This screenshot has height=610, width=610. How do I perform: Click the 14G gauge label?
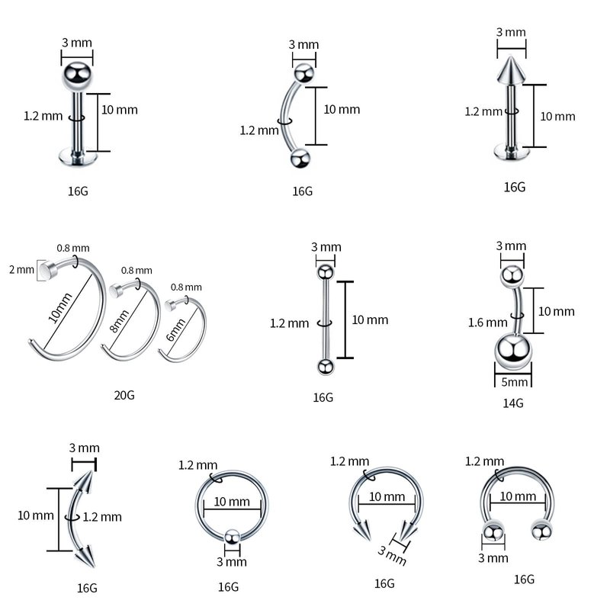512,403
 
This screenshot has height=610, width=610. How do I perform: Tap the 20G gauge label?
124,395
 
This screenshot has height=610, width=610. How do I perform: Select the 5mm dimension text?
514,382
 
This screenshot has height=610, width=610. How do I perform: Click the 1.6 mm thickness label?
488,323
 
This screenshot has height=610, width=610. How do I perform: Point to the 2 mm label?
22,269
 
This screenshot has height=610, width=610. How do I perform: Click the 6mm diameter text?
176,330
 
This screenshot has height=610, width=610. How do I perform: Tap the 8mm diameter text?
120,321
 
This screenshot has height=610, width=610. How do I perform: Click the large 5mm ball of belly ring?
512,352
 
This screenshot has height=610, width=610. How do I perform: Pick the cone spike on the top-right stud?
511,70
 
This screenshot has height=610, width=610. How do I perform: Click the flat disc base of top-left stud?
78,157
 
